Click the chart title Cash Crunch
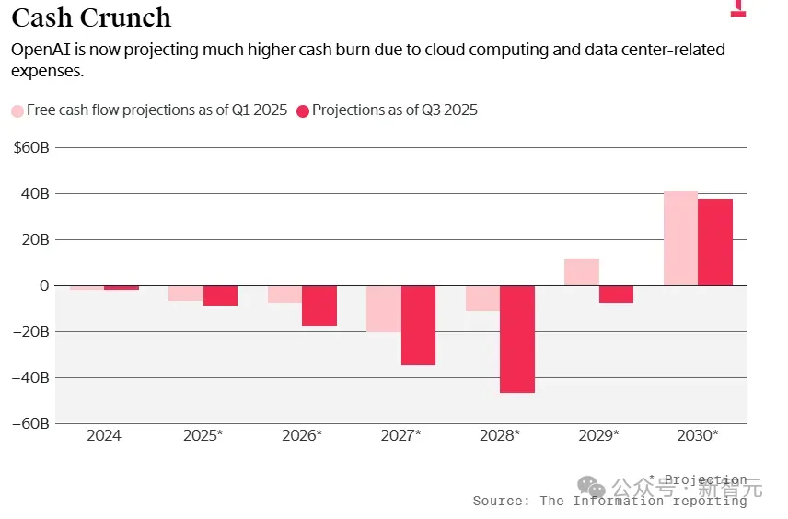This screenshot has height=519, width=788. pyautogui.click(x=91, y=17)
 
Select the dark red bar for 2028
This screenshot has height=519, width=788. pyautogui.click(x=517, y=339)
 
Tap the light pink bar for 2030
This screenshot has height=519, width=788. pyautogui.click(x=680, y=238)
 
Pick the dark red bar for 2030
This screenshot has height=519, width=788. pyautogui.click(x=715, y=242)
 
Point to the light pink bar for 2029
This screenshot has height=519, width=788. pyautogui.click(x=582, y=271)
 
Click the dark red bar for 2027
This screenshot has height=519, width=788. pyautogui.click(x=418, y=325)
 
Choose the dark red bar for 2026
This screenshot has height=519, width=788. pyautogui.click(x=319, y=306)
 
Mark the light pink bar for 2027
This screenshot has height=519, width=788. pyautogui.click(x=384, y=308)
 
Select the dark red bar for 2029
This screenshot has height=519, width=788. pyautogui.click(x=616, y=294)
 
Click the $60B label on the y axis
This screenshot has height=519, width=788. pyautogui.click(x=31, y=147)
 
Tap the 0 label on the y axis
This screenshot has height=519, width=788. pyautogui.click(x=43, y=285)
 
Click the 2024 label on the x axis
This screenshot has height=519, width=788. pyautogui.click(x=104, y=435)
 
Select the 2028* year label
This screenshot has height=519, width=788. pyautogui.click(x=500, y=435)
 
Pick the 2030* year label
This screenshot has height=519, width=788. pyautogui.click(x=698, y=435)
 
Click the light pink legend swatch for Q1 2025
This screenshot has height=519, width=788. pyautogui.click(x=17, y=110)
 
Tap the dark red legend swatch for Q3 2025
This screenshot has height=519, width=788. pyautogui.click(x=302, y=110)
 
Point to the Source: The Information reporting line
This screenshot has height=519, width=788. pyautogui.click(x=609, y=501)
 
